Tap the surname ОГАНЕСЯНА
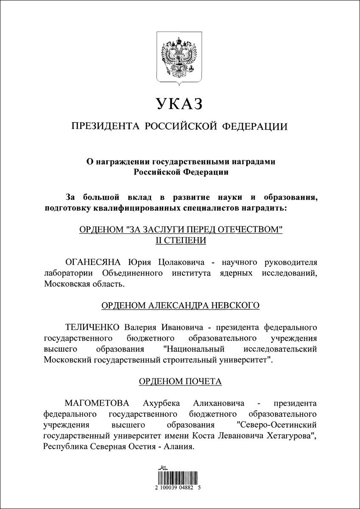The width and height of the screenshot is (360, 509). [x=89, y=260]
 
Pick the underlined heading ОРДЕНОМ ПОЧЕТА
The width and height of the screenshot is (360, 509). [x=180, y=381]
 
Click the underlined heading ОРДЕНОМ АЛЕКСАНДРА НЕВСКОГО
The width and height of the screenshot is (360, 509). [x=180, y=306]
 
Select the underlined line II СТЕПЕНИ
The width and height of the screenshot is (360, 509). [x=180, y=240]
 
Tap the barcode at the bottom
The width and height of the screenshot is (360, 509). [x=180, y=477]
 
